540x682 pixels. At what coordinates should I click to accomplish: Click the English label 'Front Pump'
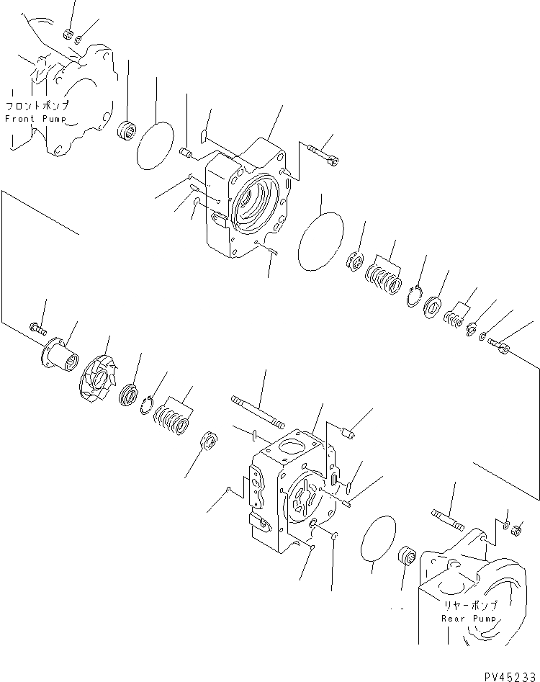[x=35, y=118]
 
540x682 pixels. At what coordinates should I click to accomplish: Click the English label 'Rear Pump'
[x=464, y=619]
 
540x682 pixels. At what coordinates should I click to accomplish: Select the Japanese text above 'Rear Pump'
[x=465, y=606]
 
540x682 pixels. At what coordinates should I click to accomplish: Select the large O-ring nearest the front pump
[x=156, y=145]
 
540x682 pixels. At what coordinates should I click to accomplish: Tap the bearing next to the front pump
[x=127, y=131]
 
